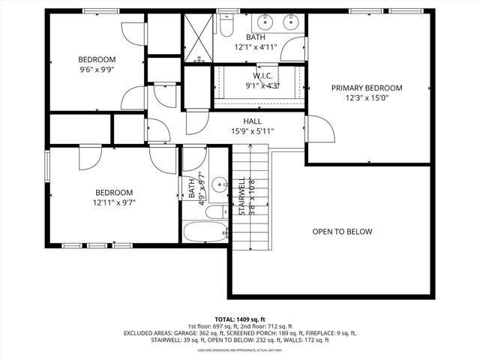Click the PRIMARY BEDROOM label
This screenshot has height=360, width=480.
pyautogui.click(x=367, y=88)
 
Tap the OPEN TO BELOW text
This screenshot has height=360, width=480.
pyautogui.click(x=342, y=232)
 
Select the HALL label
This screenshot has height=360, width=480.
pyautogui.click(x=252, y=121)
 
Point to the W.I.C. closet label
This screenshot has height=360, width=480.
pyautogui.click(x=262, y=75)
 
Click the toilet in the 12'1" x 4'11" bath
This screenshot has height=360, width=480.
pyautogui.click(x=226, y=27)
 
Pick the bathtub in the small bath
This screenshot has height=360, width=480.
pyautogui.click(x=204, y=232)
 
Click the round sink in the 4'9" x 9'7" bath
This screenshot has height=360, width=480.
pyautogui.click(x=219, y=184)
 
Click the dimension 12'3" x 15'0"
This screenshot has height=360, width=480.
pyautogui.click(x=367, y=98)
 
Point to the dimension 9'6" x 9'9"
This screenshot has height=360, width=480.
pyautogui.click(x=97, y=70)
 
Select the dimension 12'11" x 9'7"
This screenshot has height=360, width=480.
pyautogui.click(x=114, y=202)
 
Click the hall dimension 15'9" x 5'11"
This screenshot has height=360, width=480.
pyautogui.click(x=252, y=131)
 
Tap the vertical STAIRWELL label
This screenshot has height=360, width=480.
pyautogui.click(x=241, y=196)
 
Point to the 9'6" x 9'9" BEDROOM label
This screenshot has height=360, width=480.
pyautogui.click(x=97, y=60)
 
